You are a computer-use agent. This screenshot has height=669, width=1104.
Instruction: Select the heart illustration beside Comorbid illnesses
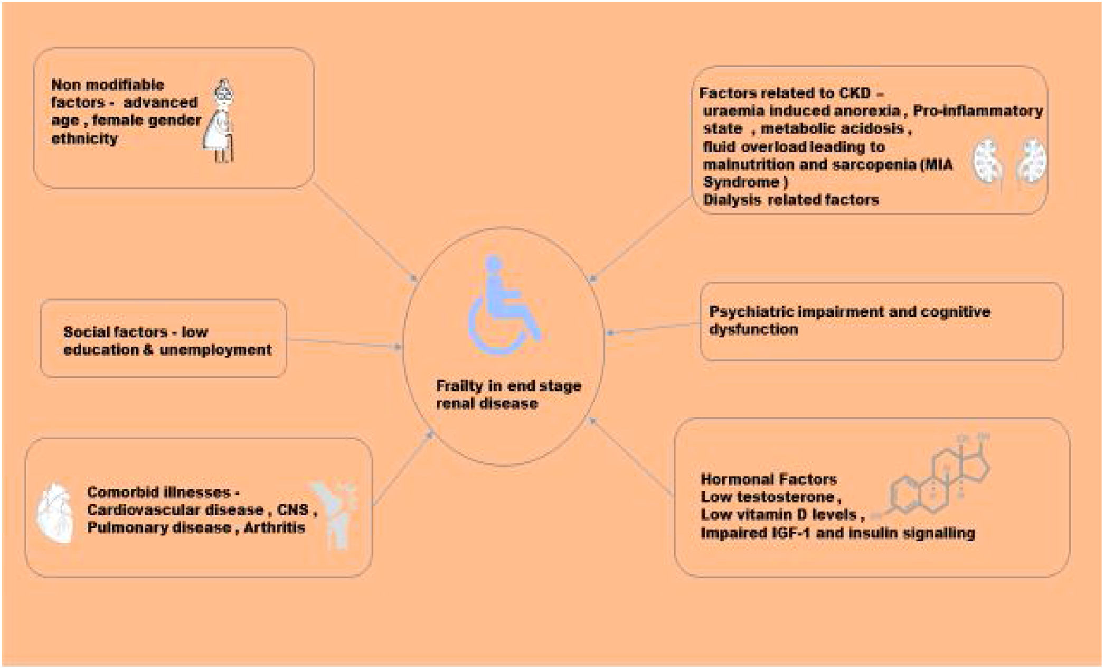tap(55, 513)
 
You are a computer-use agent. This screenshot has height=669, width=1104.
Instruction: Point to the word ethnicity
tap(84, 139)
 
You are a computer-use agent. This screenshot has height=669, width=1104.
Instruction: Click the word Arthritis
tap(274, 527)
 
